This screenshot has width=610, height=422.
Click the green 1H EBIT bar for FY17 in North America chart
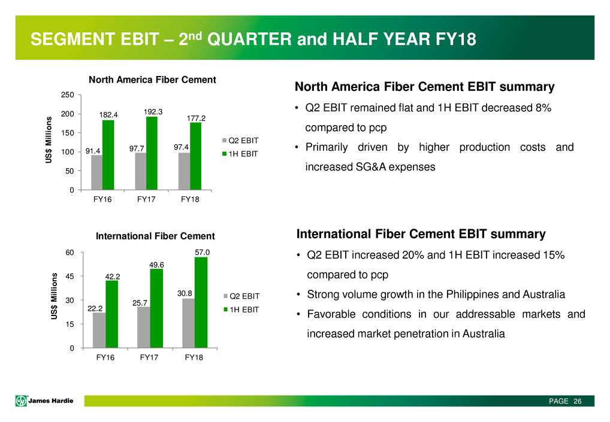(x=152, y=153)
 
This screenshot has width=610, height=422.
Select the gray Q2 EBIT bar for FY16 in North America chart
(x=96, y=173)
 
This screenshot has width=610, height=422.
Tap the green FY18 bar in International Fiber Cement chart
(x=201, y=302)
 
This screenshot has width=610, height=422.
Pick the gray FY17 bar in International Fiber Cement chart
(x=143, y=327)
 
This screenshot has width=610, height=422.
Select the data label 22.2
(x=95, y=308)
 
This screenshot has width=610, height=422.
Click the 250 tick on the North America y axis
(x=68, y=95)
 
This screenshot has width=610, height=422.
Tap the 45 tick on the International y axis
(x=70, y=277)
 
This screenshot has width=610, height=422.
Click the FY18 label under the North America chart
(x=190, y=201)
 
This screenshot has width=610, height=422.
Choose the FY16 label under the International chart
(x=105, y=358)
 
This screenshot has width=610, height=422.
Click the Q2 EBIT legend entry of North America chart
(x=243, y=141)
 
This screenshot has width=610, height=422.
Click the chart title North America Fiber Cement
(x=152, y=80)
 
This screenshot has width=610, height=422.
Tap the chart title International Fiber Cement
(x=155, y=236)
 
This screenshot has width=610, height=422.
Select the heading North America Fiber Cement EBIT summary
(x=424, y=87)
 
